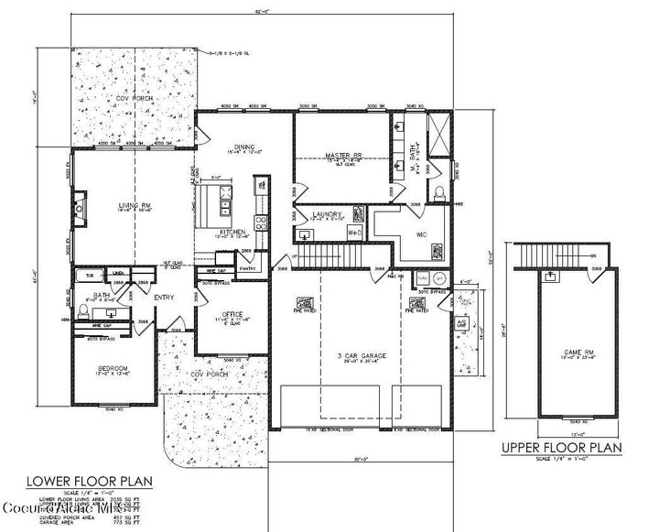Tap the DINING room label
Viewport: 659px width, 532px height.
pyautogui.click(x=243, y=147)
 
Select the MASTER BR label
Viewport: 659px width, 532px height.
pyautogui.click(x=340, y=155)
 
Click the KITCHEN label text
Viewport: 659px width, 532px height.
pyautogui.click(x=232, y=233)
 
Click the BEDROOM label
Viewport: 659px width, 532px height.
pyautogui.click(x=113, y=368)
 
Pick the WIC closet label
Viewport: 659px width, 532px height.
pyautogui.click(x=422, y=233)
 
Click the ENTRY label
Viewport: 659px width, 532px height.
pyautogui.click(x=165, y=296)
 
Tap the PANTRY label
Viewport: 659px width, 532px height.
pyautogui.click(x=246, y=269)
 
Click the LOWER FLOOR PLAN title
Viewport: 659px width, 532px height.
pyautogui.click(x=88, y=480)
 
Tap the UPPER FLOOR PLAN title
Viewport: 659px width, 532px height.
pyautogui.click(x=562, y=448)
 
